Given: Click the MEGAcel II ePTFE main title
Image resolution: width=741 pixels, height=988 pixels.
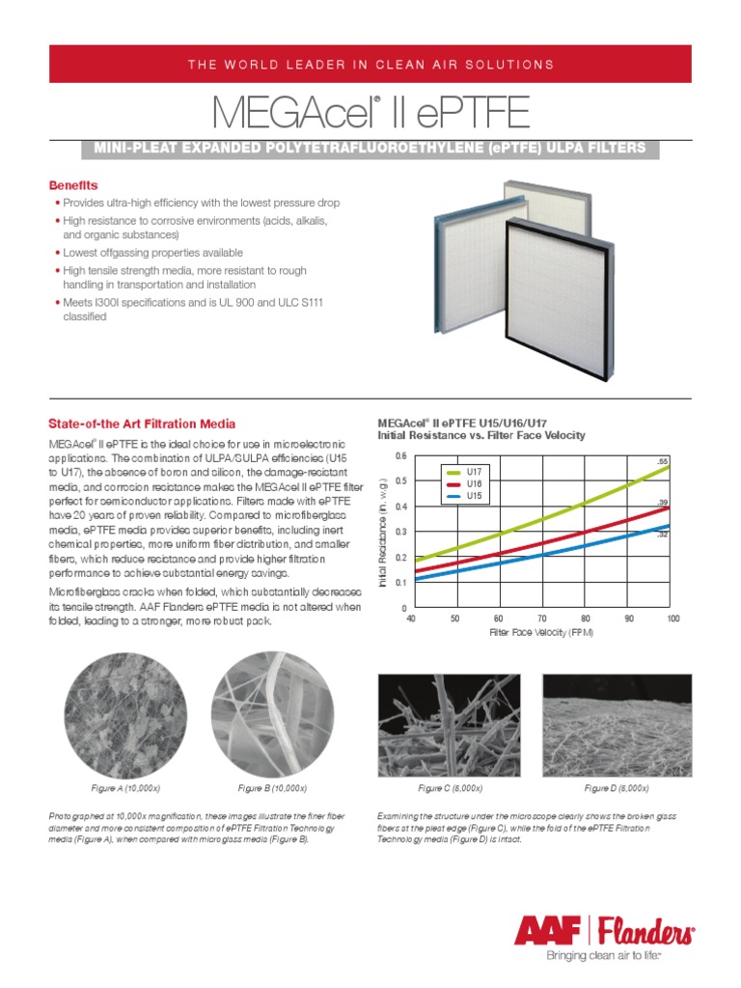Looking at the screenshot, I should point(370,112).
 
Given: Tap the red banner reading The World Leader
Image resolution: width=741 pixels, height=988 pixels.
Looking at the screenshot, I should point(370,64).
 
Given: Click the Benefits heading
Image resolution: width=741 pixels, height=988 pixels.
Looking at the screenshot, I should point(73,184).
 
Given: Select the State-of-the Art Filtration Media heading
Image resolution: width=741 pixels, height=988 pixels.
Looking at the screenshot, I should point(142,425).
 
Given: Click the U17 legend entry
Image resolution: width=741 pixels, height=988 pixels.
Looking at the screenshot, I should point(473,471).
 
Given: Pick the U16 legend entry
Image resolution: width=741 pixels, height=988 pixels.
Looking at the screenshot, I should point(473,483).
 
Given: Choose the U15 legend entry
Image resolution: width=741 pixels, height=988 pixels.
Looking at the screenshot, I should point(473,496).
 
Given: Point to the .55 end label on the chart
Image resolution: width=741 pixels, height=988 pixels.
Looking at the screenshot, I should point(663,462).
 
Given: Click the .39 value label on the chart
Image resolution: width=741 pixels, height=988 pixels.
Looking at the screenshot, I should point(663,503).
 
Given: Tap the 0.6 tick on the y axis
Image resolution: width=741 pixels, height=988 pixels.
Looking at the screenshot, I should point(400,455).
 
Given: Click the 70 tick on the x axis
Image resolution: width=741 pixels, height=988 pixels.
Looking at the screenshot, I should point(542,617).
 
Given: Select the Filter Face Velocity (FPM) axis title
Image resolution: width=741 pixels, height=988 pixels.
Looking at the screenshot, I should point(541,633).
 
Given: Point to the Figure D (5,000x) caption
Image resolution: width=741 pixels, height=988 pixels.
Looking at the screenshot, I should point(616,788).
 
